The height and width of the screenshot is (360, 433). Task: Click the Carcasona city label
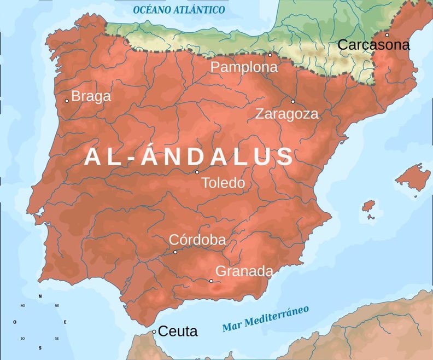(x=373, y=45)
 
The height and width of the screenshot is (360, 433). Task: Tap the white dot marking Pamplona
(x=270, y=55)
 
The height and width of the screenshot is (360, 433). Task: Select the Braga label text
(x=91, y=96)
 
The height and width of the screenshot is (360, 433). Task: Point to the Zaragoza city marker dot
(x=292, y=101)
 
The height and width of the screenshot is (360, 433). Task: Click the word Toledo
(x=223, y=183)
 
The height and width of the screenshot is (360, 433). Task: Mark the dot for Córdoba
(x=175, y=252)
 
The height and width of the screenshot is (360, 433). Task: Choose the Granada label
(x=244, y=271)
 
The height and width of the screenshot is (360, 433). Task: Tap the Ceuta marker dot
(x=154, y=332)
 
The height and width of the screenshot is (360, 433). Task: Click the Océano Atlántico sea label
(x=179, y=10)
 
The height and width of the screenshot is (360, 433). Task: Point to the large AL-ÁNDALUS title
(x=189, y=157)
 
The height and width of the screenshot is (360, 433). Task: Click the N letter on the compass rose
(x=40, y=296)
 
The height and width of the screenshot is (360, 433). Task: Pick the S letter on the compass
(x=40, y=347)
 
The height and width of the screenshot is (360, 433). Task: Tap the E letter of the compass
(x=65, y=322)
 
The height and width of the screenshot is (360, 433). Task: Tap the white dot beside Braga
(x=67, y=100)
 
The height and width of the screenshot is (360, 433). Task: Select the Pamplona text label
(x=244, y=67)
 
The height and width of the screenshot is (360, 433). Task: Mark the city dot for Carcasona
(x=387, y=35)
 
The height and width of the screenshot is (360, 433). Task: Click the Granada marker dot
(x=211, y=281)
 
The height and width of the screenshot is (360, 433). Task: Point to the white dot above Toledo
(x=197, y=172)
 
